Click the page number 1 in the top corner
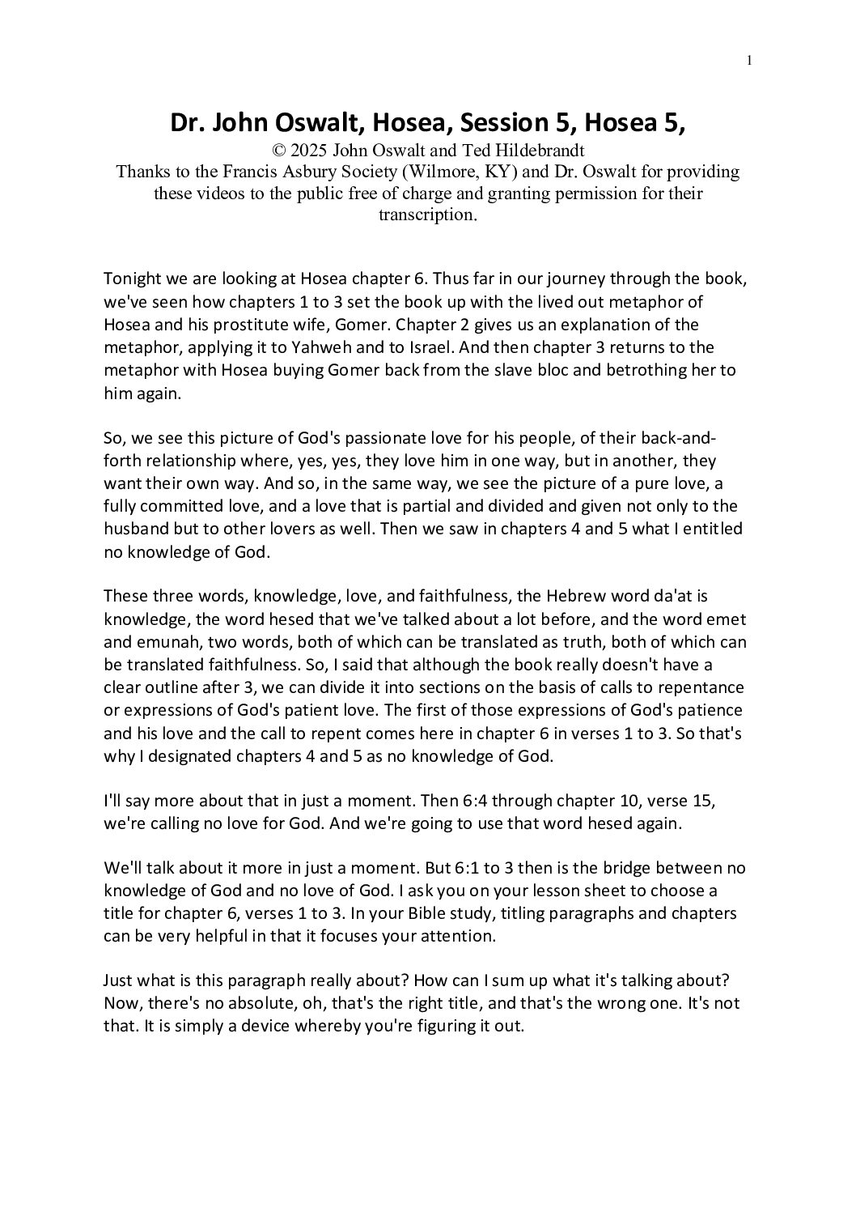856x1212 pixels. click(750, 60)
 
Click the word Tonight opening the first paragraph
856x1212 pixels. click(133, 280)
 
